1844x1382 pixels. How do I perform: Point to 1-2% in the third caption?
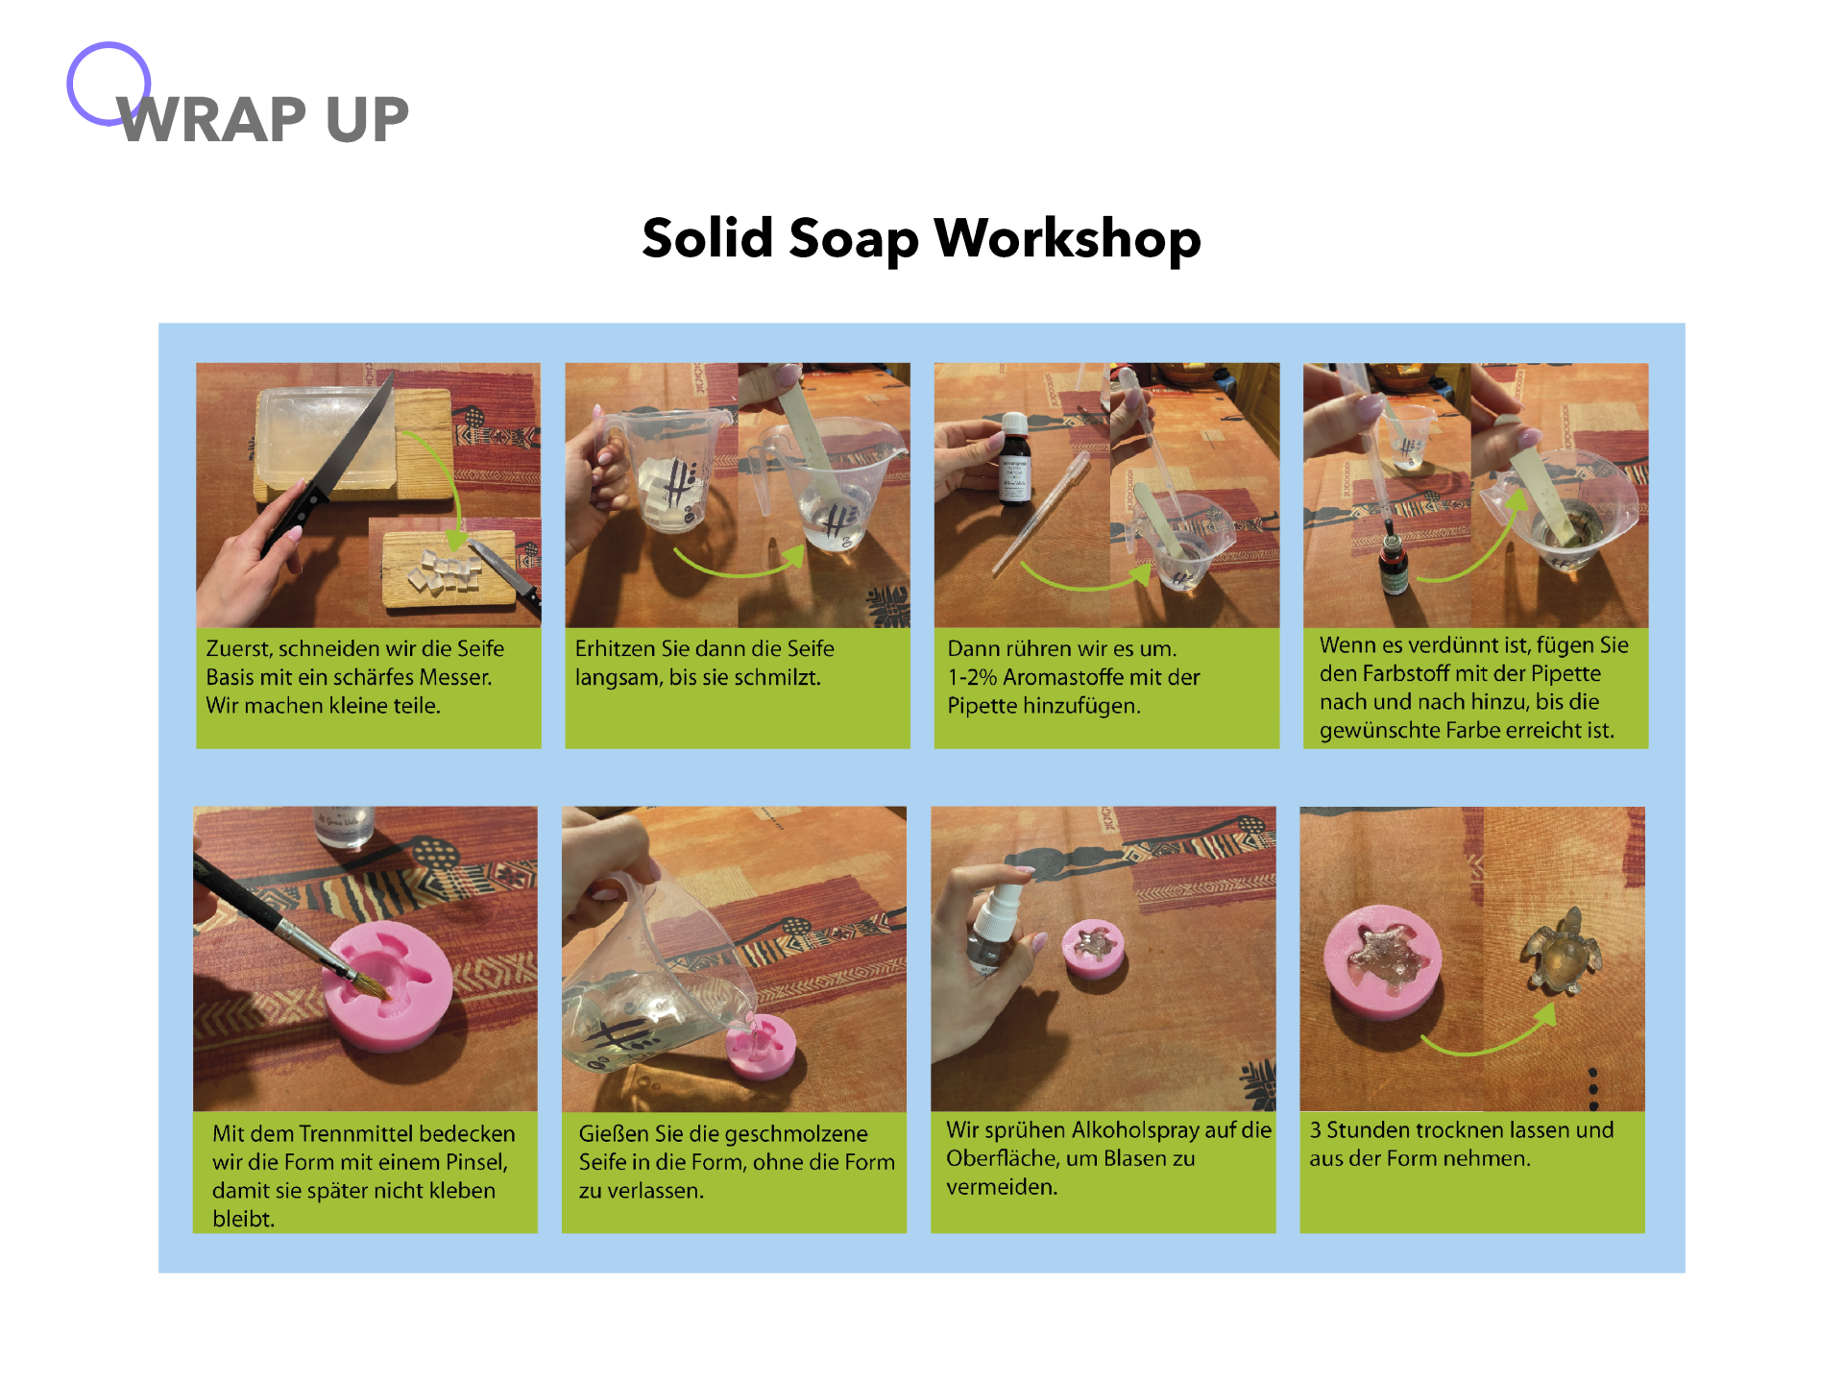tap(972, 677)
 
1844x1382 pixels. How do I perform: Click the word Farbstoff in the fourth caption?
tap(1405, 673)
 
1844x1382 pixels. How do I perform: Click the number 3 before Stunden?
tap(1315, 1129)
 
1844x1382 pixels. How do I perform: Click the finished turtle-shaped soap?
tap(1561, 951)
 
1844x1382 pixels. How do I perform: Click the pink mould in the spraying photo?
tap(1093, 948)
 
